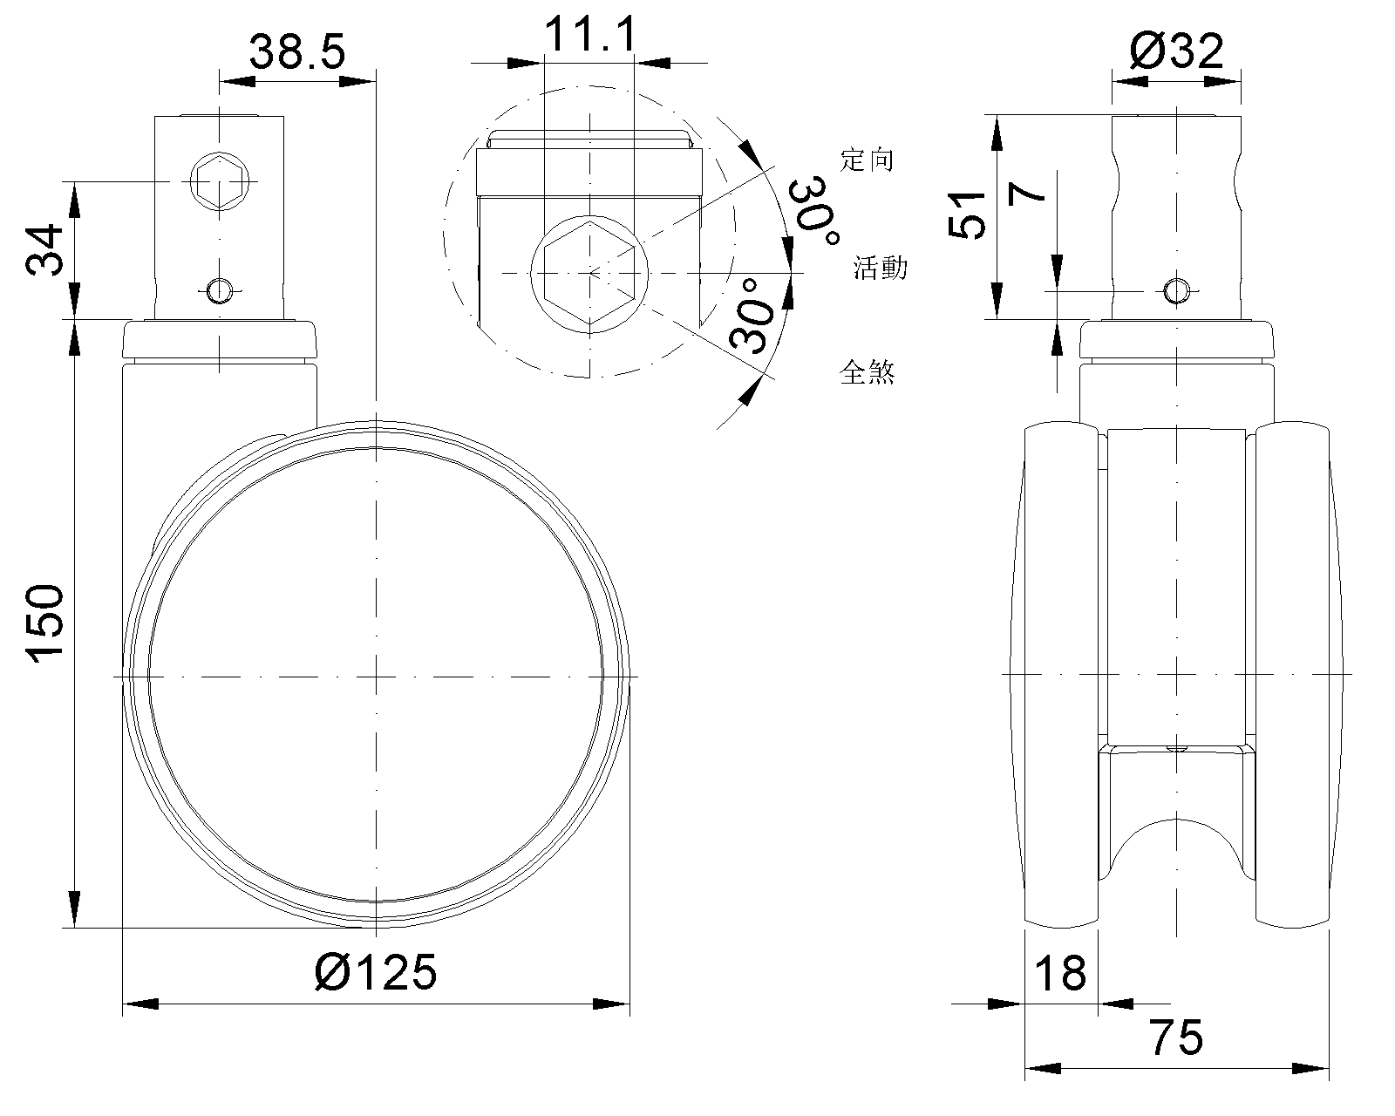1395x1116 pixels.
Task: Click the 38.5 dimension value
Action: (297, 52)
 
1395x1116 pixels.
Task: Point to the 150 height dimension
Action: (45, 623)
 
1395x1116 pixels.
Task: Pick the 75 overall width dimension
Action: (1176, 1038)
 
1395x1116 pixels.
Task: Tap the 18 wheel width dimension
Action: (1060, 973)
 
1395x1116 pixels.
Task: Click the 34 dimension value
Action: (44, 249)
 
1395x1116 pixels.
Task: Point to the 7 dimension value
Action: (1027, 192)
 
